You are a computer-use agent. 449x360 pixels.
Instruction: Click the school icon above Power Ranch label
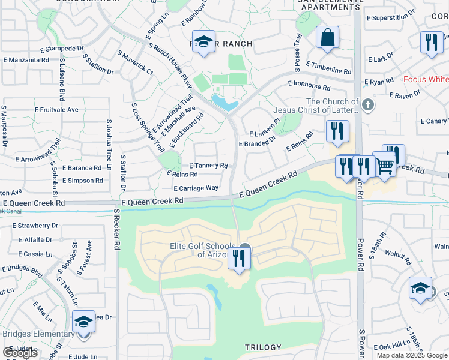[x=204, y=42]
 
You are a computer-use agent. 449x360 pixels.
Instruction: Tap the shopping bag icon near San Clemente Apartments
[x=327, y=37]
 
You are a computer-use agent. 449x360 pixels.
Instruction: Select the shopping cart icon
[x=385, y=166]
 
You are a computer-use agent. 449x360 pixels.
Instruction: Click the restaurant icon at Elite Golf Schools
[x=240, y=258]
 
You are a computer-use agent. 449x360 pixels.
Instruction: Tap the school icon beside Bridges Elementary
[x=83, y=322]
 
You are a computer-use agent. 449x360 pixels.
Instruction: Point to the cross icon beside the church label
[x=369, y=106]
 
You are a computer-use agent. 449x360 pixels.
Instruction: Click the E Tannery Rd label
[x=208, y=166]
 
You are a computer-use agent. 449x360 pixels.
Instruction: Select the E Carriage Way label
[x=196, y=188]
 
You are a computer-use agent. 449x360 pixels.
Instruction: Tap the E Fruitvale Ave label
[x=56, y=110]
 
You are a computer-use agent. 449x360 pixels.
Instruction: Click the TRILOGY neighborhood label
[x=263, y=347]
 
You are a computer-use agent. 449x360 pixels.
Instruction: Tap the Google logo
[x=20, y=353]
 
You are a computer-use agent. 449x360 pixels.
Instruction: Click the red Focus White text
[x=426, y=79]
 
